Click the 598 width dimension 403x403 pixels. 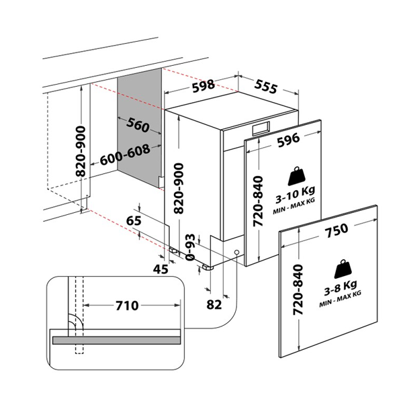201,85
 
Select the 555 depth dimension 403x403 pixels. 266,85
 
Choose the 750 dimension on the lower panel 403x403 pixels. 336,230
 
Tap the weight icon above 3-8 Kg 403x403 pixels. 341,266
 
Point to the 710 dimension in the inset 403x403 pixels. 126,306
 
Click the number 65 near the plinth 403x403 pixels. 134,220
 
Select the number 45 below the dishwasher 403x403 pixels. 161,269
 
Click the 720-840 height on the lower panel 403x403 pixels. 300,290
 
